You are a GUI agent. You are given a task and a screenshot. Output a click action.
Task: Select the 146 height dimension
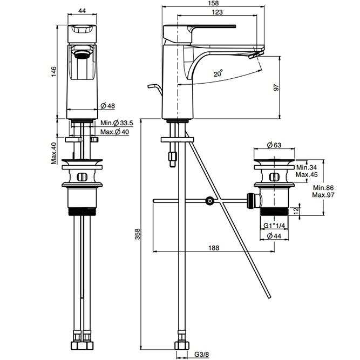(x=55, y=72)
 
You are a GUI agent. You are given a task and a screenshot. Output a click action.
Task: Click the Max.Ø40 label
(x=114, y=132)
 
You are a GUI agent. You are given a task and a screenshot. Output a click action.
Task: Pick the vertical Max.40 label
(x=55, y=153)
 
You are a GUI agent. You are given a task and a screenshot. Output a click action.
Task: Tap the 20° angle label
(x=218, y=74)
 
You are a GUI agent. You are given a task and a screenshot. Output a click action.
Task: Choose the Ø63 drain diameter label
(x=275, y=144)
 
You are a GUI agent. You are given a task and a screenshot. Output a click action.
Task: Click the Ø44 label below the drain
(x=276, y=236)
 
